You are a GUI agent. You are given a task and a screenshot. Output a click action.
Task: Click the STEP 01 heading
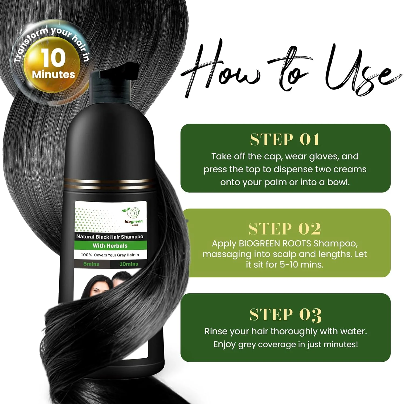[x=285, y=140]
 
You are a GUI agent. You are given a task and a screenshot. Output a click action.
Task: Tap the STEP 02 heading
[x=285, y=229]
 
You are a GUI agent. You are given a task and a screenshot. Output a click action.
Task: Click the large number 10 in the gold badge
[x=53, y=58]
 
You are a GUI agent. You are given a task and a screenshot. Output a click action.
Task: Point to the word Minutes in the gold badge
[x=53, y=74]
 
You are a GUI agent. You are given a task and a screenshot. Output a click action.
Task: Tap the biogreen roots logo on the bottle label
[x=133, y=217]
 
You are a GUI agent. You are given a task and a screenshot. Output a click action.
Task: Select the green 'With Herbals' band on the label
[x=110, y=246]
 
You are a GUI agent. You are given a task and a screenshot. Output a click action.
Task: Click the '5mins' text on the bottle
[x=91, y=264]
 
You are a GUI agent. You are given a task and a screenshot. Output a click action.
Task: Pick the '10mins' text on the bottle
[x=128, y=264]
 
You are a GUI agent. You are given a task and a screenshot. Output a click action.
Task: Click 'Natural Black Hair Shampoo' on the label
[x=110, y=237]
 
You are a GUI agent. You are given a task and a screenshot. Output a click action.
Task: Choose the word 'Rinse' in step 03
[x=215, y=331]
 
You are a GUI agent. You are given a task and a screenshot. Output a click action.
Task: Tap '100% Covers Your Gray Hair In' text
[x=110, y=255]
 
